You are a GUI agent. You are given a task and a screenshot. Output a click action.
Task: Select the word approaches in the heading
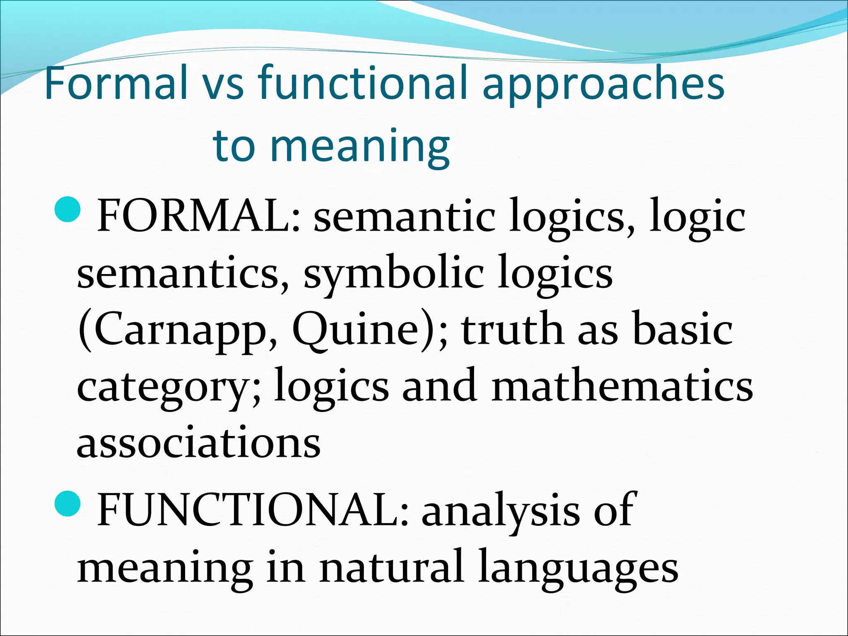pyautogui.click(x=603, y=85)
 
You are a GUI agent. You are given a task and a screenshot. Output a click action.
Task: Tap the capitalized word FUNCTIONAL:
pyautogui.click(x=253, y=511)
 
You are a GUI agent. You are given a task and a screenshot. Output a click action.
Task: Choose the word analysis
pyautogui.click(x=501, y=511)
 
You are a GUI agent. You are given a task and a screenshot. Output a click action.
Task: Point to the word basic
pyautogui.click(x=683, y=329)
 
